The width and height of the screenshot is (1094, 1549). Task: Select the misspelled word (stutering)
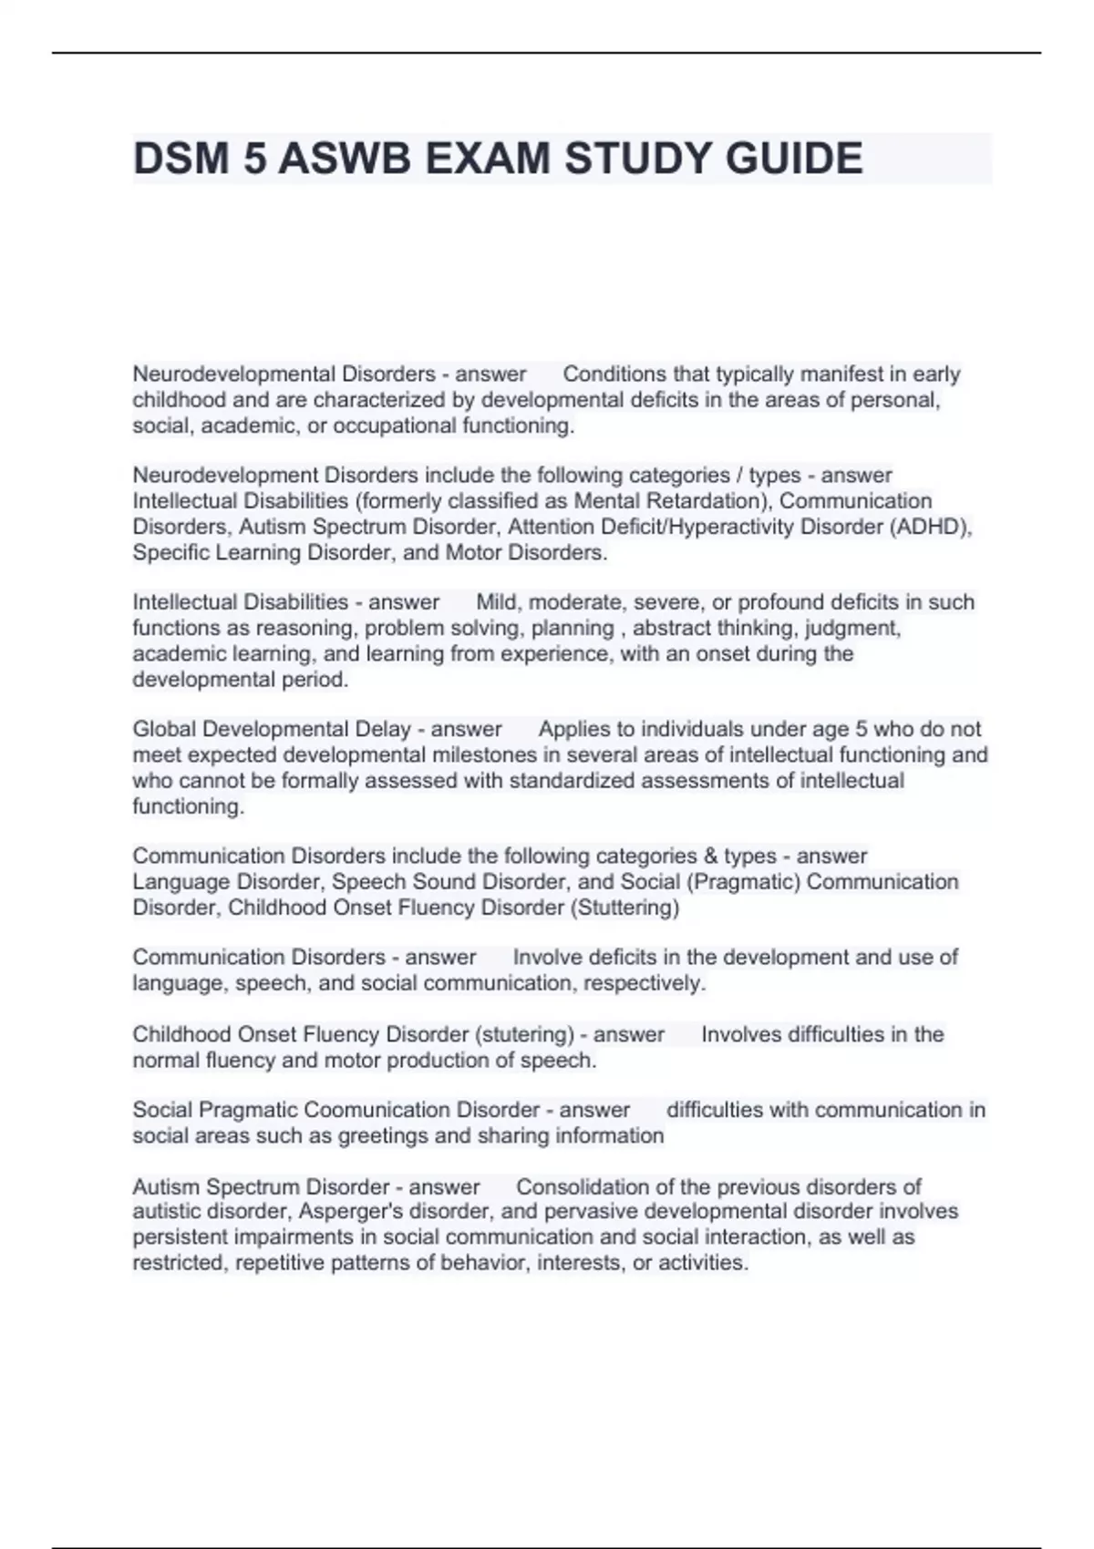click(x=524, y=1034)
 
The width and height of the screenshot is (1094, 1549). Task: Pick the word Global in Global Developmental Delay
click(x=164, y=729)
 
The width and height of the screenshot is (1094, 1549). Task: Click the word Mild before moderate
click(x=498, y=602)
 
